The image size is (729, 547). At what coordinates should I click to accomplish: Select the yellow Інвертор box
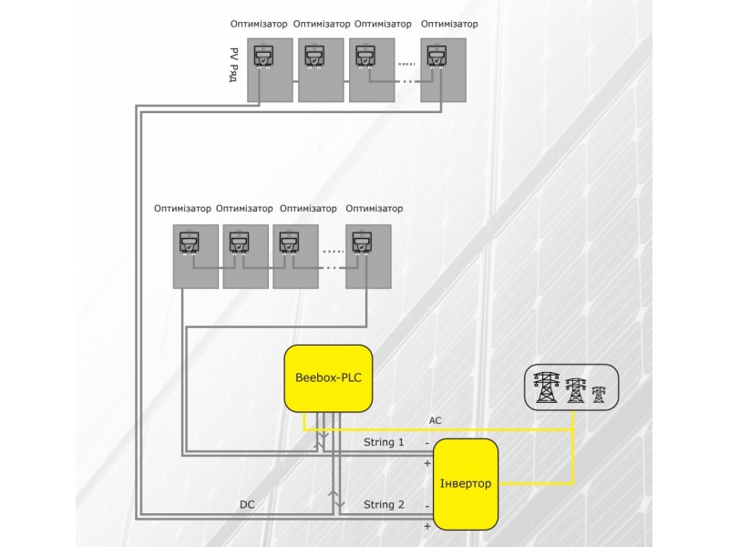(x=466, y=483)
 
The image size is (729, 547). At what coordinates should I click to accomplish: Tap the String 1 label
(x=384, y=442)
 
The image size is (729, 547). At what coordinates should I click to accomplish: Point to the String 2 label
(x=384, y=504)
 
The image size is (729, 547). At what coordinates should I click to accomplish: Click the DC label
(x=247, y=504)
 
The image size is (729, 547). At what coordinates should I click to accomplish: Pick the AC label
(x=435, y=420)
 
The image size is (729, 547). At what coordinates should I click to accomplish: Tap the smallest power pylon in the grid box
(x=599, y=394)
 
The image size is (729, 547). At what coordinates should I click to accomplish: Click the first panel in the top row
(x=269, y=70)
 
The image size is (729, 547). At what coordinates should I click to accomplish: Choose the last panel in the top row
(x=443, y=70)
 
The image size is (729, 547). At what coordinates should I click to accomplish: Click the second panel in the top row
(x=320, y=70)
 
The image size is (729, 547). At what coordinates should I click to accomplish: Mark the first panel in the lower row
(x=195, y=256)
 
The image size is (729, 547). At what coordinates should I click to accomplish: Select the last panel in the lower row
(x=367, y=256)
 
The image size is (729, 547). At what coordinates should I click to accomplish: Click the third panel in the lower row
(x=295, y=256)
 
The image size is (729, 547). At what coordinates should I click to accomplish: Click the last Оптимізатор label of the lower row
(x=374, y=209)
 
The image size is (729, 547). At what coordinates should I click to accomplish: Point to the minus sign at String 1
(x=426, y=443)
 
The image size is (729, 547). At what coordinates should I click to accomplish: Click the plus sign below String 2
(x=426, y=526)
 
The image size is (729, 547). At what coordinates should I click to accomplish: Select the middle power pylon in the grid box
(x=576, y=389)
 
